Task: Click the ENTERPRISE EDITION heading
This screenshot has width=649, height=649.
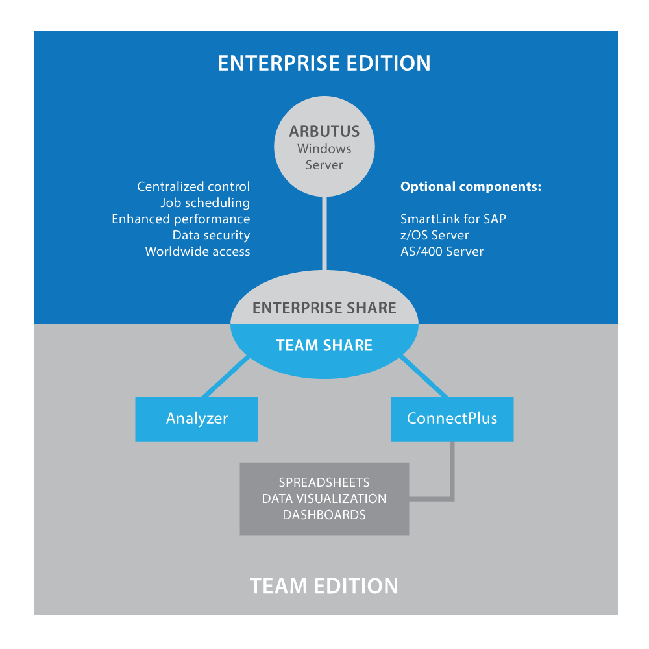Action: [x=324, y=63]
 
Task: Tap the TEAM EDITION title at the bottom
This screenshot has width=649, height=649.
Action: [x=324, y=585]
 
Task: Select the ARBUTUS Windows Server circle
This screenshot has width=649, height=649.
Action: [x=324, y=149]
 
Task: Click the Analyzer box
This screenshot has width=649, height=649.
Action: [x=197, y=419]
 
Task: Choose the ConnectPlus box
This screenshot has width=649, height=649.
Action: [x=452, y=419]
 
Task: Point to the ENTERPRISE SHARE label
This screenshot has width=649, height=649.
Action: [x=324, y=308]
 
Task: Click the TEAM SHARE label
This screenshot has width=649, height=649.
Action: [x=324, y=345]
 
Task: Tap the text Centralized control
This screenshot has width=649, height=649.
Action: [x=193, y=187]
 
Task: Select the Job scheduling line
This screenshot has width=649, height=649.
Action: [x=205, y=203]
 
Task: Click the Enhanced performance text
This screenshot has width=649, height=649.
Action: [x=180, y=219]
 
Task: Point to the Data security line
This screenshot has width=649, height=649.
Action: [x=211, y=236]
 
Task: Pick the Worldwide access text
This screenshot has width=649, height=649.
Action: [x=197, y=252]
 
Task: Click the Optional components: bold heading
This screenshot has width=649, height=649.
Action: [x=471, y=187]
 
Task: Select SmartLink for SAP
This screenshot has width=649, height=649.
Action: [x=453, y=219]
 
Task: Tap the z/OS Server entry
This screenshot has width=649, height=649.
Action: [x=434, y=236]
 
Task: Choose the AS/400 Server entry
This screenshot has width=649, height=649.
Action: [x=441, y=252]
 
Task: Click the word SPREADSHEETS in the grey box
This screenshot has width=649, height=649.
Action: [x=324, y=482]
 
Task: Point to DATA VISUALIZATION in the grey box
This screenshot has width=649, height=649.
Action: [x=324, y=498]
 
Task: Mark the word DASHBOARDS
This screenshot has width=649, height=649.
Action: [x=324, y=515]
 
